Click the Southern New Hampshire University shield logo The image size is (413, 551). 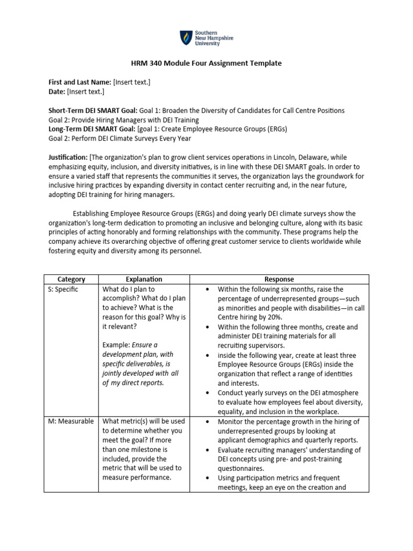click(185, 38)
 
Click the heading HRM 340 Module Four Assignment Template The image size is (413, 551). click(206, 63)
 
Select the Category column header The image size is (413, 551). click(72, 279)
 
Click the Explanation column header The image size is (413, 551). click(144, 279)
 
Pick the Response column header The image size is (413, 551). click(279, 279)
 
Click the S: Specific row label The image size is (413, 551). click(63, 289)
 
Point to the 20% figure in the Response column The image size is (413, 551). click(274, 317)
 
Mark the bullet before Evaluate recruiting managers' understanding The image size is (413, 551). click(206, 450)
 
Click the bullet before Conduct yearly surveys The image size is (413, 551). click(206, 393)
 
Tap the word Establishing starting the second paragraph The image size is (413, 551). click(94, 214)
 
